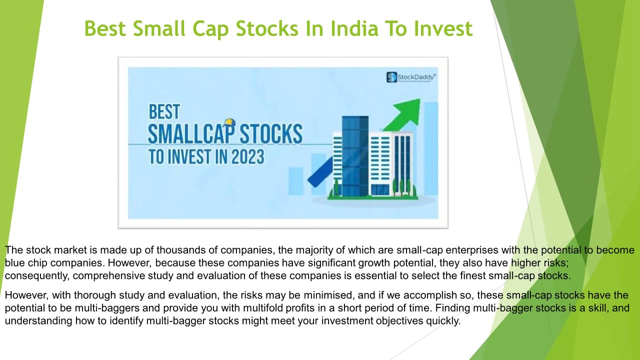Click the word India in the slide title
click(x=354, y=28)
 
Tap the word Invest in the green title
click(x=443, y=28)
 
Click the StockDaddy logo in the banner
click(x=411, y=77)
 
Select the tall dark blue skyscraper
click(x=355, y=156)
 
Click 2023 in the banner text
click(x=247, y=157)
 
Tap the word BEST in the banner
click(x=164, y=111)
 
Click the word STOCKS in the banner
click(x=271, y=133)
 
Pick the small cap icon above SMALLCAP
click(x=229, y=123)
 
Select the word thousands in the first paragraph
click(x=181, y=250)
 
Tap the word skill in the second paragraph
click(x=598, y=308)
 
